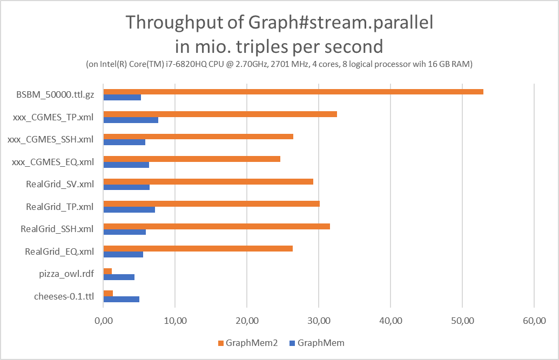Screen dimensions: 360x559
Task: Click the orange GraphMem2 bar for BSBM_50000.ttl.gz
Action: [293, 92]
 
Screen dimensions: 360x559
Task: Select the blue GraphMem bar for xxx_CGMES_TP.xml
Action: [131, 120]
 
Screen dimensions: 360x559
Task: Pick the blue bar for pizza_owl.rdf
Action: [119, 277]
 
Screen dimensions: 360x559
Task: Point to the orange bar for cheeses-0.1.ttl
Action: [108, 293]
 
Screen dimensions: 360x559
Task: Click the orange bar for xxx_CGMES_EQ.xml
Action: [192, 159]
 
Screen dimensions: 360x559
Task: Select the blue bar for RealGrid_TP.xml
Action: [129, 209]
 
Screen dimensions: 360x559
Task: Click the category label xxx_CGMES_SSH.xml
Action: [51, 139]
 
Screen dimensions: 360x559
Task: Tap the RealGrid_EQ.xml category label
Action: [59, 251]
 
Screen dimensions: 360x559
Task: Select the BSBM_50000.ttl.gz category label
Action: [55, 95]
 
